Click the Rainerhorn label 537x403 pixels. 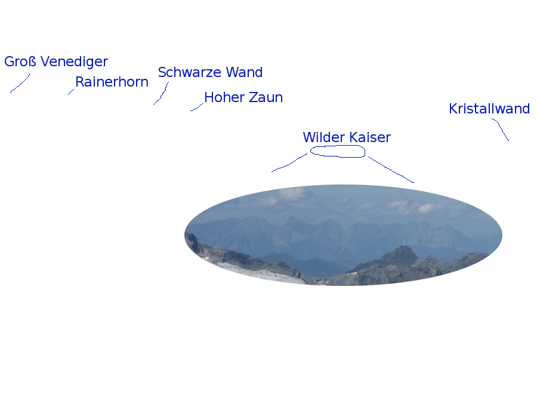tap(112, 82)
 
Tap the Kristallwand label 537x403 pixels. tap(489, 109)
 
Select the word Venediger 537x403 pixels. tap(74, 61)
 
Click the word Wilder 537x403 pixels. tap(323, 137)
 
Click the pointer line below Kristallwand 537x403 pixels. tap(501, 129)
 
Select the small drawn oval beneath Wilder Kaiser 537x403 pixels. tap(338, 151)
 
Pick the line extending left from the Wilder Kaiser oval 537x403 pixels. tap(290, 163)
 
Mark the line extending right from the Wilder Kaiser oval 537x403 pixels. tap(390, 170)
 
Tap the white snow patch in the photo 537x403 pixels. tap(263, 271)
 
